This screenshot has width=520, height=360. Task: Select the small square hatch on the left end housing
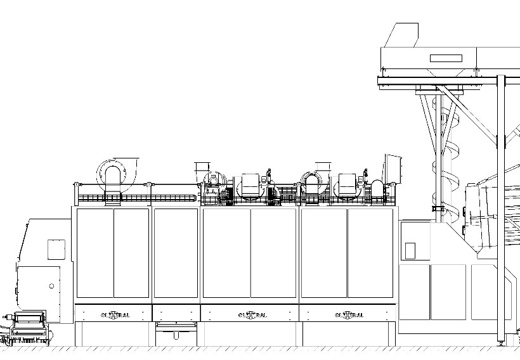point(56,249)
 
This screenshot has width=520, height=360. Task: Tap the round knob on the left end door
point(51,286)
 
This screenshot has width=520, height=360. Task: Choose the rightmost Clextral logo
point(348,314)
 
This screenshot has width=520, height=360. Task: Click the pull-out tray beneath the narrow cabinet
point(176,326)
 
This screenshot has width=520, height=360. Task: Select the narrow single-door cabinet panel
point(176,253)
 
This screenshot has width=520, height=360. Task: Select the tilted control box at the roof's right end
point(393,168)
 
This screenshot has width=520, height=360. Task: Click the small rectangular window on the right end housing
point(409,250)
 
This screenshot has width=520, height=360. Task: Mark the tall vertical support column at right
point(500,209)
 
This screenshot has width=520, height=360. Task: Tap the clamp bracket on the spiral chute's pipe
point(438,208)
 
